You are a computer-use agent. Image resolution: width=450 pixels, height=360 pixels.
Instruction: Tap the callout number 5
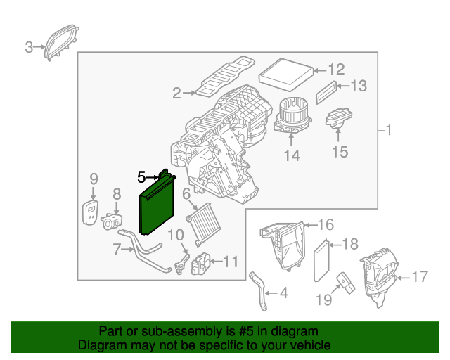pyautogui.click(x=141, y=177)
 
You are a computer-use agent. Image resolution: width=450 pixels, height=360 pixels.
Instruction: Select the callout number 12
pyautogui.click(x=336, y=69)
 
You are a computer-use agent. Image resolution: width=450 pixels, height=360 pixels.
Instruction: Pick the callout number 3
pyautogui.click(x=29, y=47)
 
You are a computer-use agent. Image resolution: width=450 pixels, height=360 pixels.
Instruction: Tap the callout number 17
pyautogui.click(x=419, y=277)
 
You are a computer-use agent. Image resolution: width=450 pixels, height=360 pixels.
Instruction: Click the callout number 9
pyautogui.click(x=94, y=179)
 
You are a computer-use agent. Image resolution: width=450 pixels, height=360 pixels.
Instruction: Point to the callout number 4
pyautogui.click(x=283, y=292)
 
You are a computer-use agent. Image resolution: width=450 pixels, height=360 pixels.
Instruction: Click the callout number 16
pyautogui.click(x=325, y=225)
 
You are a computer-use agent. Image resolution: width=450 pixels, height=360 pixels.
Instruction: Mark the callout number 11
pyautogui.click(x=231, y=262)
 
